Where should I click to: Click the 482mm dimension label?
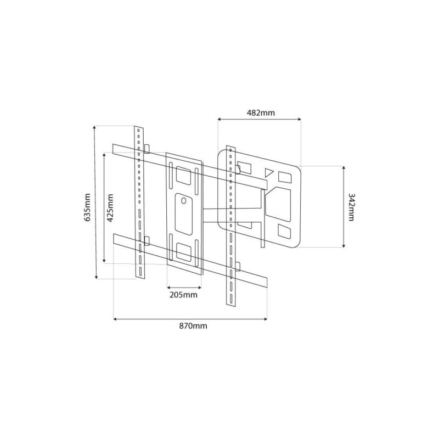[x=261, y=113]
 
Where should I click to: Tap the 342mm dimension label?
[x=351, y=207]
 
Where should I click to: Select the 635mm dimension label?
[x=87, y=207]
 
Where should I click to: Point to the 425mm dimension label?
[x=110, y=208]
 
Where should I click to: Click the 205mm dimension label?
[x=183, y=295]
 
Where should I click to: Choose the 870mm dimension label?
[x=193, y=326]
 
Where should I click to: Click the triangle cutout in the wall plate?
[x=269, y=172]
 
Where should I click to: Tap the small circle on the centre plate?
[x=184, y=200]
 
